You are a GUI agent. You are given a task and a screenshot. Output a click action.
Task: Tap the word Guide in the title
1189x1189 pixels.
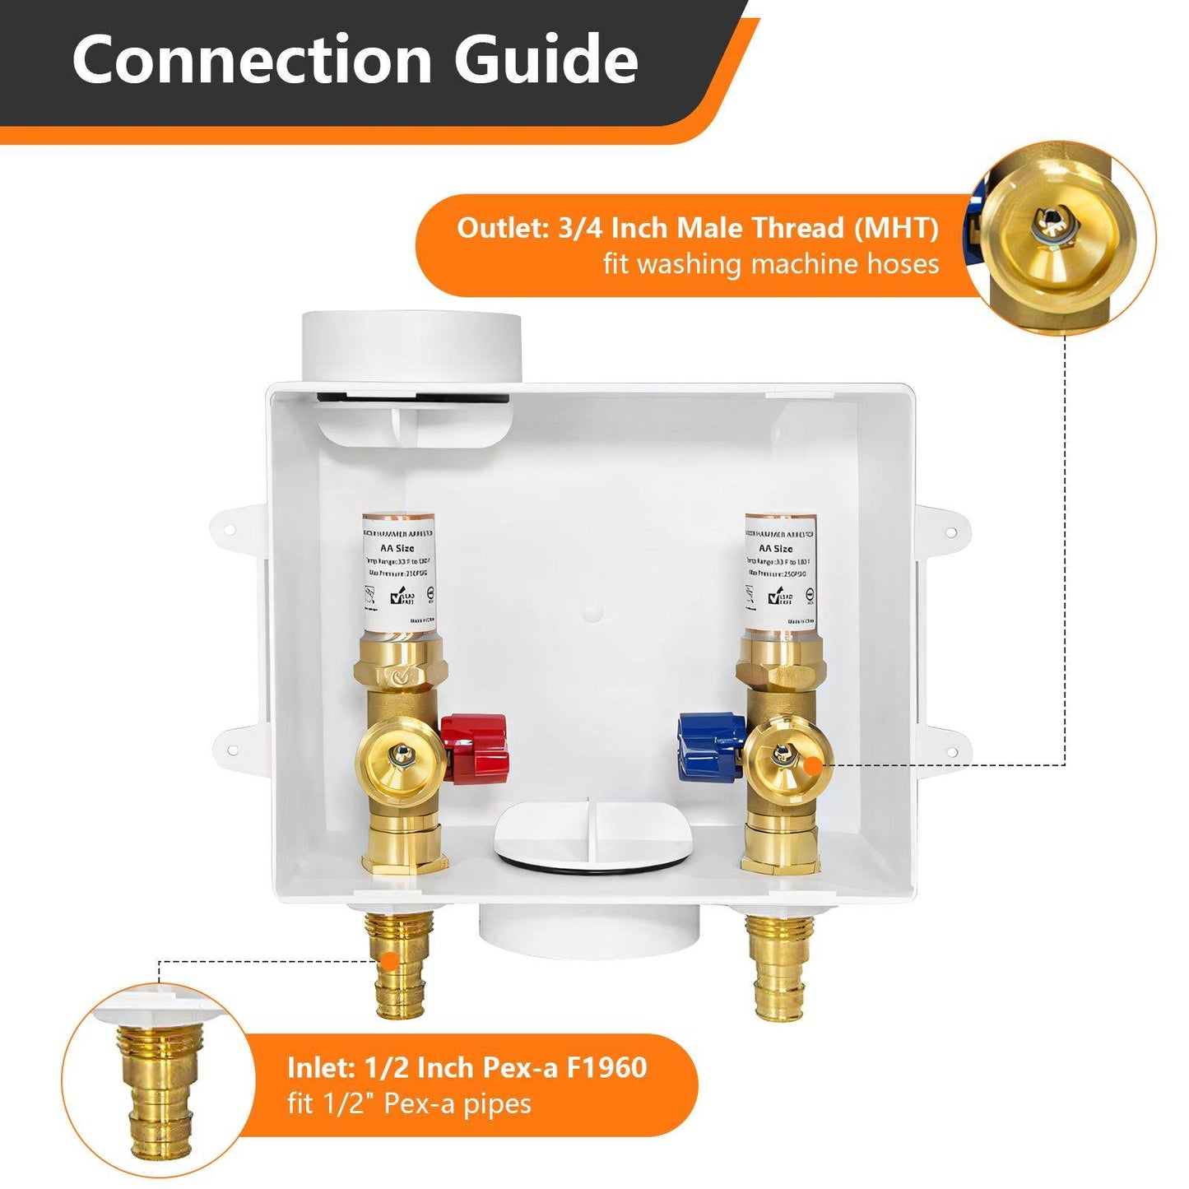point(546,59)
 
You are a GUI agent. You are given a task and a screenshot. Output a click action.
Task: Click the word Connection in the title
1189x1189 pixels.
point(252,59)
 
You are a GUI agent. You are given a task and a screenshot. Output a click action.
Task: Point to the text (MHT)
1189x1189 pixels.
point(896,228)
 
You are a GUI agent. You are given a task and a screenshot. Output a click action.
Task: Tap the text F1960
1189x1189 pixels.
point(607,1067)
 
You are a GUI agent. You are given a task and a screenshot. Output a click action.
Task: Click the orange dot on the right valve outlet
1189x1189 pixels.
point(812,765)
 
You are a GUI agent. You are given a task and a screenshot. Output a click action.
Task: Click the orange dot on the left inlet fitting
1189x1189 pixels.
point(388,960)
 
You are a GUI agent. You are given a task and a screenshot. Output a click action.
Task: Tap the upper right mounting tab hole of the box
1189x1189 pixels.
point(951,533)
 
